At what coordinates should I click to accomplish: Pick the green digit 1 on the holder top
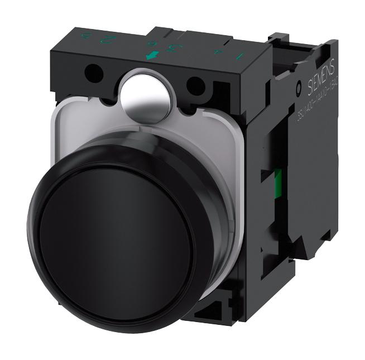tap(241, 56)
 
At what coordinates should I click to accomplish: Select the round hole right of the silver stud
tap(195, 85)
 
